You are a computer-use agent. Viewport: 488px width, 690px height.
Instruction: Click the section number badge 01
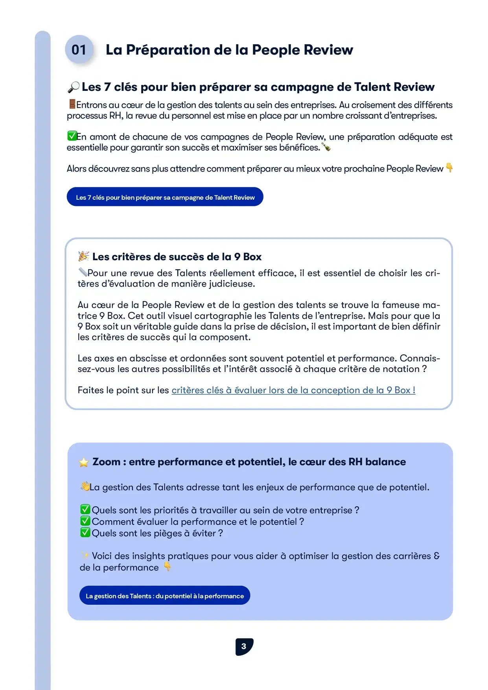pos(79,50)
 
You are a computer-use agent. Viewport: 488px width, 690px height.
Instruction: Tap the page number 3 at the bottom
pos(244,646)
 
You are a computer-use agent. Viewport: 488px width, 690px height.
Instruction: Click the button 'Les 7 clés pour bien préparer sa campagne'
pos(165,197)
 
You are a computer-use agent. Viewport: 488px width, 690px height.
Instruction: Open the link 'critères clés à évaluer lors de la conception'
pos(293,390)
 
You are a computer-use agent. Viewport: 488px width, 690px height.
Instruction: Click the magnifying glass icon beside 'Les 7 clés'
pos(73,87)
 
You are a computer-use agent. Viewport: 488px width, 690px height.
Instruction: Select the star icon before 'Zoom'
pos(84,462)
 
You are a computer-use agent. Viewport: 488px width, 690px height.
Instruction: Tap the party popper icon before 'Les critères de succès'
pos(83,256)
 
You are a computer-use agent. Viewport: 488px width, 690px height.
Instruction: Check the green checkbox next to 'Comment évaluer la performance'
pos(85,521)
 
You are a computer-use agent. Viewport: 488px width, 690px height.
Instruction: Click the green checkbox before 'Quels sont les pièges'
pos(85,532)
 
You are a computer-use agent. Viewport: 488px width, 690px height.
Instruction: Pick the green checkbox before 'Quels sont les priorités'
pos(85,510)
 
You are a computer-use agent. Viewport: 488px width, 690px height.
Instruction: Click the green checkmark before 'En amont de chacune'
pos(72,136)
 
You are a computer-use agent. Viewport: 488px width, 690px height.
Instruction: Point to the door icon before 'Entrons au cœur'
pos(72,104)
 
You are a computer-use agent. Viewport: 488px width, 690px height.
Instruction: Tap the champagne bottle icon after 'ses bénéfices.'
pos(326,147)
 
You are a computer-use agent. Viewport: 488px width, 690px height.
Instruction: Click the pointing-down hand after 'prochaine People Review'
pos(449,168)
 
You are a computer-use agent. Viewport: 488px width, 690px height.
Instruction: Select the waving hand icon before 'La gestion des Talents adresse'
pos(85,487)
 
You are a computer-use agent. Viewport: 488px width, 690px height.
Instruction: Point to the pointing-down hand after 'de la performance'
pos(167,567)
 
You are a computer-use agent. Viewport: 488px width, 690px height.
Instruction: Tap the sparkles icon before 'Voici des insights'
pos(85,555)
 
